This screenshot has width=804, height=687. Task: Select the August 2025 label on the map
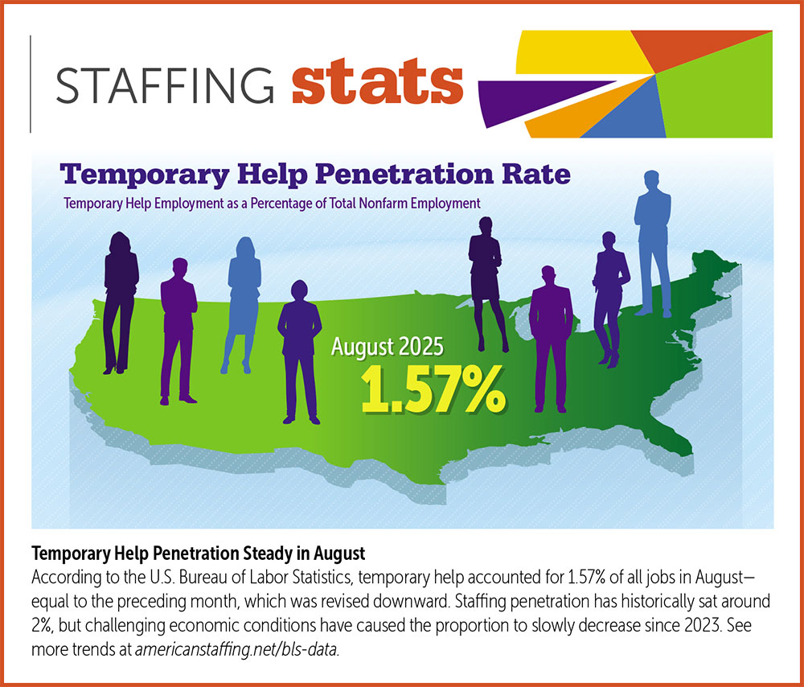coord(388,348)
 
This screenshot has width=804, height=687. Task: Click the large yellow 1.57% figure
coord(433,389)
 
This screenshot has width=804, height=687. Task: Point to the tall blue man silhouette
coord(653,241)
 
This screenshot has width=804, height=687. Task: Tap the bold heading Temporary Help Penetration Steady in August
coord(198,553)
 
